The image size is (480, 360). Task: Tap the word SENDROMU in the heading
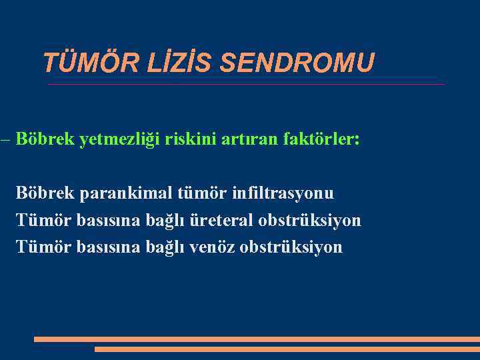click(297, 63)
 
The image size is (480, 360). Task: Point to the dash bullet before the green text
click(5, 140)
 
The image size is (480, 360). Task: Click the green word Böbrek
click(45, 140)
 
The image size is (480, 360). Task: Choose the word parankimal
click(126, 193)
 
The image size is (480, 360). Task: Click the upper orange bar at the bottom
click(257, 339)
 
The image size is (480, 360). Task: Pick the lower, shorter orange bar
click(287, 349)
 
